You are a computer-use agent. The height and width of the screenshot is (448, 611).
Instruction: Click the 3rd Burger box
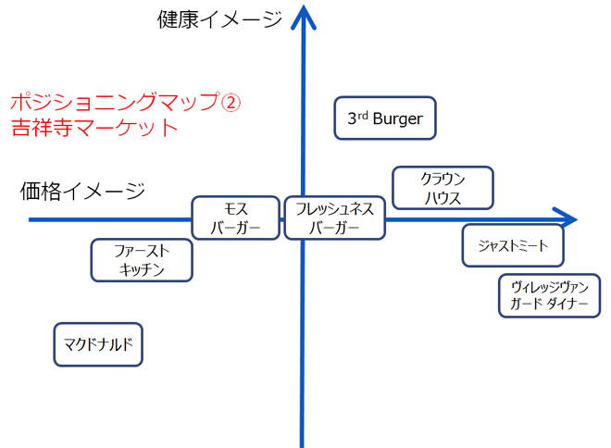click(x=384, y=118)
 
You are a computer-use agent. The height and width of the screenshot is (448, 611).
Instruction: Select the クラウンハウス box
click(x=443, y=188)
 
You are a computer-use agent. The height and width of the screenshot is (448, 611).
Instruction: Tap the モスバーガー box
click(x=235, y=218)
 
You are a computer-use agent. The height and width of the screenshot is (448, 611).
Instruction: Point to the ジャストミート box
click(x=513, y=245)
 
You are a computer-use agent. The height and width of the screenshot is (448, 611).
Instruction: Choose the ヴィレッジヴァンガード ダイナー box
click(x=549, y=296)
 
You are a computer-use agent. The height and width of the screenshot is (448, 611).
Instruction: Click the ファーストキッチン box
click(x=142, y=260)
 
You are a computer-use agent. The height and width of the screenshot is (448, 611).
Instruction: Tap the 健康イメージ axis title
click(x=219, y=19)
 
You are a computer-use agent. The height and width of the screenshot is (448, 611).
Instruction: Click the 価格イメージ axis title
click(x=82, y=192)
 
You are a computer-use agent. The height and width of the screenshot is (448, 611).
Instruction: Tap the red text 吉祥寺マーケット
click(x=94, y=128)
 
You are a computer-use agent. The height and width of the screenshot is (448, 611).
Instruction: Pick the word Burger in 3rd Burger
click(x=397, y=119)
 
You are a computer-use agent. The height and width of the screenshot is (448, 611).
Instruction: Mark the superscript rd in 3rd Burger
click(x=363, y=114)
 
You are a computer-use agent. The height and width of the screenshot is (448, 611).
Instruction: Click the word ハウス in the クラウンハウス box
click(x=443, y=198)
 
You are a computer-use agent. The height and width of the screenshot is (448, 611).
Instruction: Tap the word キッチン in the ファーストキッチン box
click(x=142, y=270)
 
